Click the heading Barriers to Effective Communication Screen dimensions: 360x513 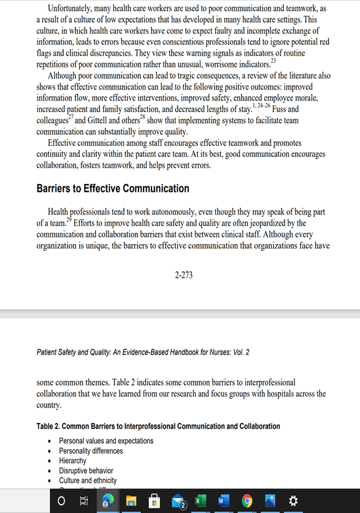[x=113, y=188]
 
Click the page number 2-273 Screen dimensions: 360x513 [x=183, y=275]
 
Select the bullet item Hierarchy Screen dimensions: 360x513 [x=72, y=460]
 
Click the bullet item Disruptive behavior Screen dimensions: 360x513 [x=86, y=471]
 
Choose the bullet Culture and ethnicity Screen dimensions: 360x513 [x=88, y=481]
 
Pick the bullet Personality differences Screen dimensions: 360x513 [x=91, y=450]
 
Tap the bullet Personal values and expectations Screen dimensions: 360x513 [x=106, y=441]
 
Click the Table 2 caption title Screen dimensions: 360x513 [x=158, y=426]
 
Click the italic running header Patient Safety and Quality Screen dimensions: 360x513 [x=143, y=352]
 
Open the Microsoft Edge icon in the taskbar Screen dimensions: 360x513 [x=108, y=501]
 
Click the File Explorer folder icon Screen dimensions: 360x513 [x=132, y=501]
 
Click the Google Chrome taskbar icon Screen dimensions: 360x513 [x=247, y=501]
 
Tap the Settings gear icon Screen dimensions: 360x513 [x=293, y=501]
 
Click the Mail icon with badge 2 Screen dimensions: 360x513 [x=178, y=501]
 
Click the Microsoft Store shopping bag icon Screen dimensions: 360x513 [x=155, y=501]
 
